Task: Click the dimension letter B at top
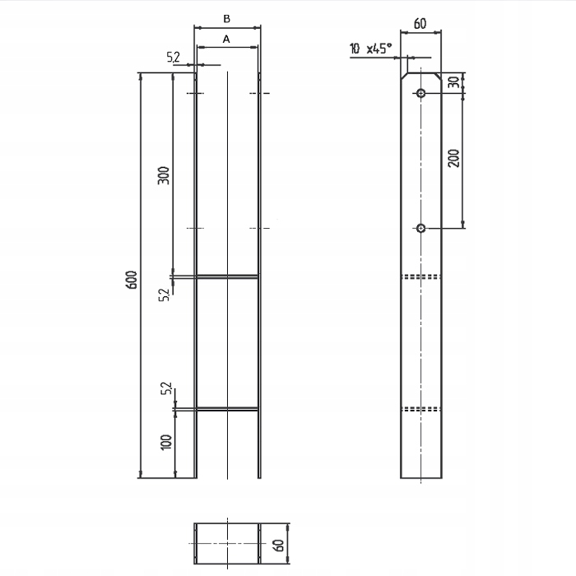pyautogui.click(x=226, y=19)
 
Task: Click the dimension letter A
pyautogui.click(x=226, y=39)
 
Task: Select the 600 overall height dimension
pyautogui.click(x=132, y=280)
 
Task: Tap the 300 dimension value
pyautogui.click(x=164, y=175)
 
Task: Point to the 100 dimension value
pyautogui.click(x=166, y=442)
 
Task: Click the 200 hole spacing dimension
pyautogui.click(x=454, y=158)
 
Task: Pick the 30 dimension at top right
pyautogui.click(x=455, y=82)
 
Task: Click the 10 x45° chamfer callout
pyautogui.click(x=370, y=48)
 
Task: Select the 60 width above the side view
pyautogui.click(x=420, y=24)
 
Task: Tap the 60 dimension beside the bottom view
pyautogui.click(x=279, y=545)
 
